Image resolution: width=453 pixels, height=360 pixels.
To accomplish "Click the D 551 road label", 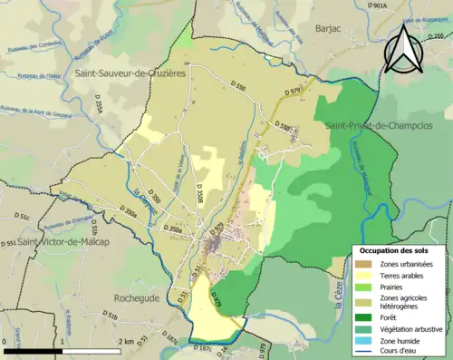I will point(7,244).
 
